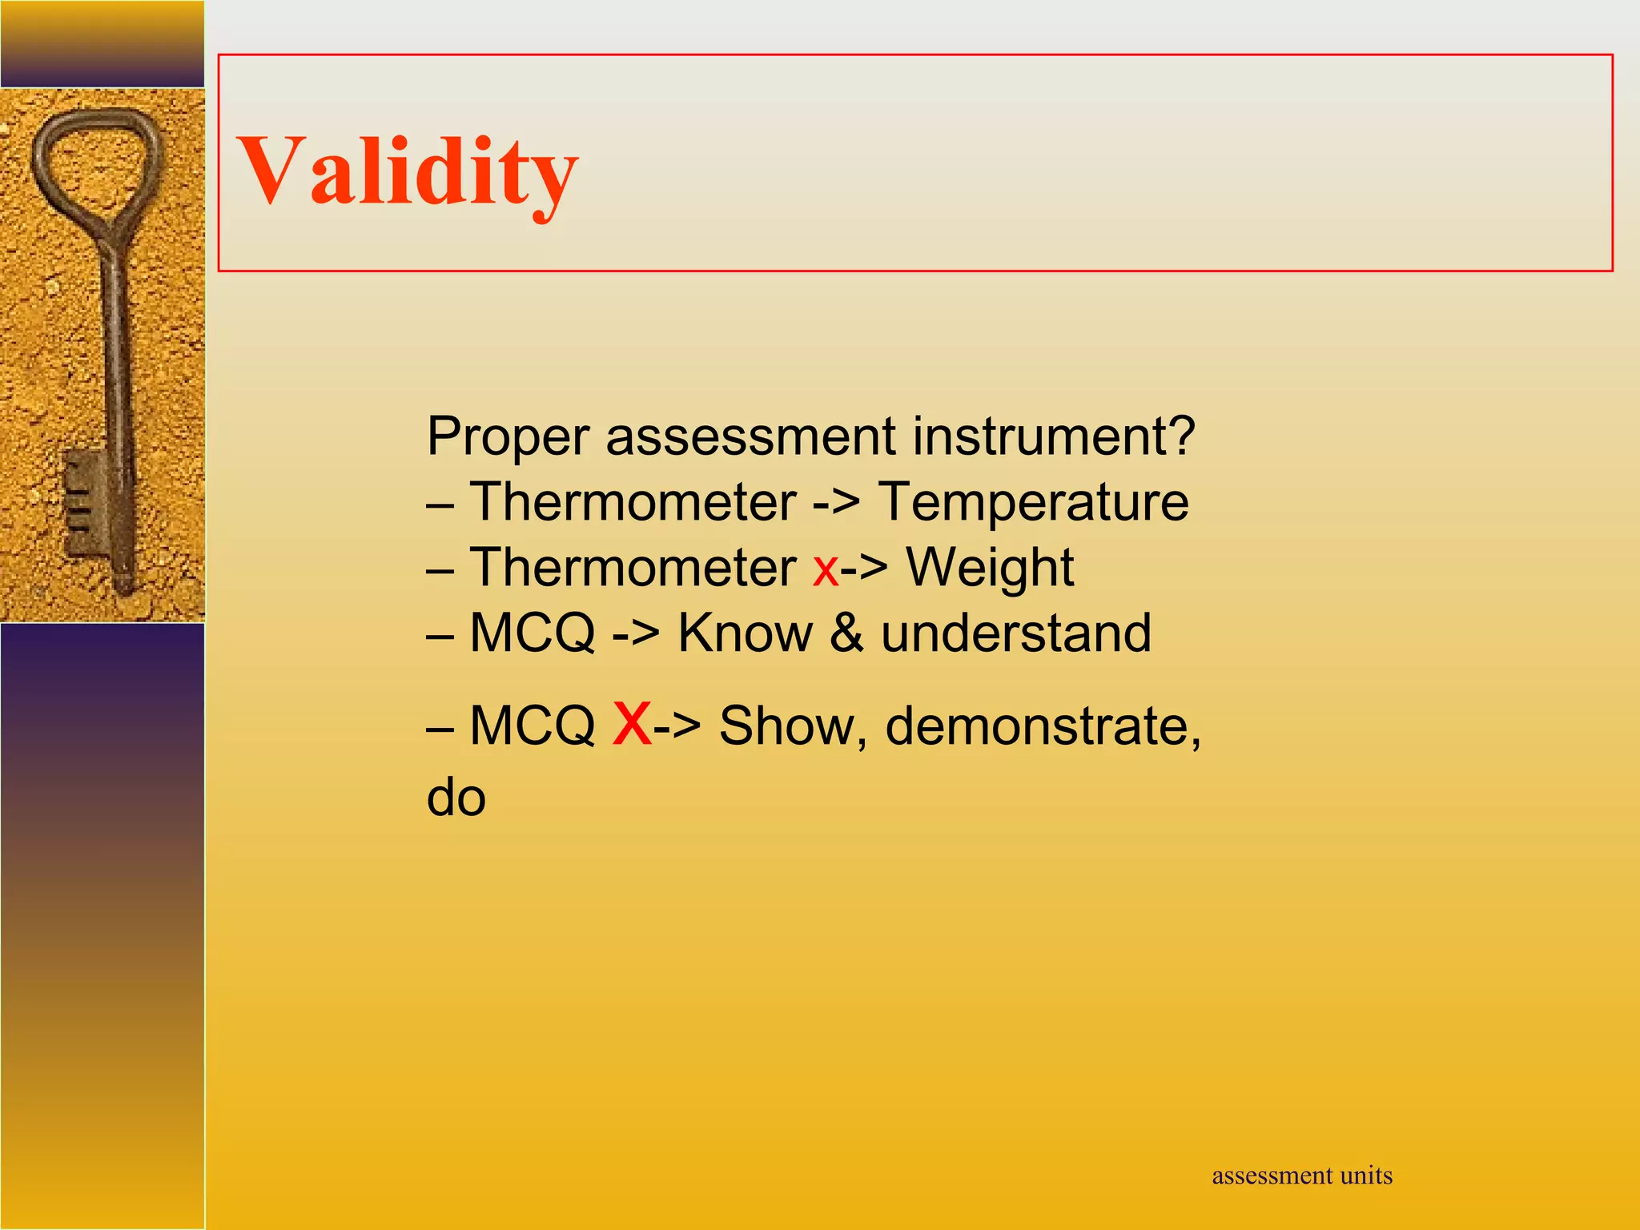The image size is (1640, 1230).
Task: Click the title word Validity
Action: point(407,172)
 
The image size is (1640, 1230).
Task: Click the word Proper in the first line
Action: point(508,437)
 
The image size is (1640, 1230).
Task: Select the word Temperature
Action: point(1033,503)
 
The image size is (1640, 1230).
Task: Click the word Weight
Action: point(989,569)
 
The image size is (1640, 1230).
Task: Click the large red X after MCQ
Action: point(632,723)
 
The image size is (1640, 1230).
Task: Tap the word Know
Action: point(745,633)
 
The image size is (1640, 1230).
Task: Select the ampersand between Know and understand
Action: point(846,633)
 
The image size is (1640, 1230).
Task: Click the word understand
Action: point(1015,633)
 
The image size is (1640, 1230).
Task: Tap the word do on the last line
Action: point(456,798)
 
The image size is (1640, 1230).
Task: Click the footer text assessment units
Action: point(1302,1176)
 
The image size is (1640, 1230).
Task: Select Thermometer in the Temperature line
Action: point(633,503)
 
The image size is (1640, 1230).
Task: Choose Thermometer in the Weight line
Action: point(633,569)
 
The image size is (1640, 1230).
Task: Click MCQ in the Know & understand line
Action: point(533,633)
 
